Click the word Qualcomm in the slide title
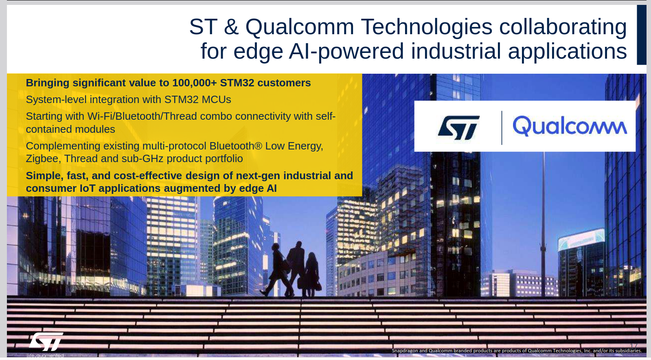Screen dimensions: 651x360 tap(300, 27)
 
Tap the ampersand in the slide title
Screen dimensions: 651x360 tap(231, 27)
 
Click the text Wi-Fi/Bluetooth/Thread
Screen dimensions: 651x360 tap(142, 116)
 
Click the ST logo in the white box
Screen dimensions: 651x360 tap(458, 127)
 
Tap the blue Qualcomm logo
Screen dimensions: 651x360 tap(570, 126)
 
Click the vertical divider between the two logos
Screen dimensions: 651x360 tap(502, 127)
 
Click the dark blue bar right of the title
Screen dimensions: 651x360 tap(641, 35)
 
